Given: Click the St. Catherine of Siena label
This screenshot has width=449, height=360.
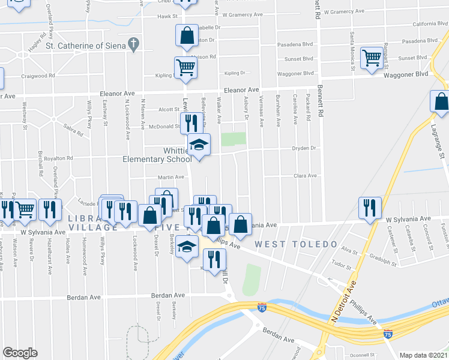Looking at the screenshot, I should tap(86, 45).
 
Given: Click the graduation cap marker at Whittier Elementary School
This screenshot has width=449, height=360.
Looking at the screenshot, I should tap(199, 145).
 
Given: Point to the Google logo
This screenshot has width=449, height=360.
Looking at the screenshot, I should tap(20, 353).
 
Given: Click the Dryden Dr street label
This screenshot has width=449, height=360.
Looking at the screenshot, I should tap(304, 148).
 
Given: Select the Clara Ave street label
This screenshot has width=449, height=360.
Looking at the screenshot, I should tap(304, 176).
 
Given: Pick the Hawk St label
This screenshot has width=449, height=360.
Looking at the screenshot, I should tap(164, 17).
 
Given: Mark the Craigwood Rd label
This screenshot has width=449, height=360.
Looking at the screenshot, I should tap(38, 76).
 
